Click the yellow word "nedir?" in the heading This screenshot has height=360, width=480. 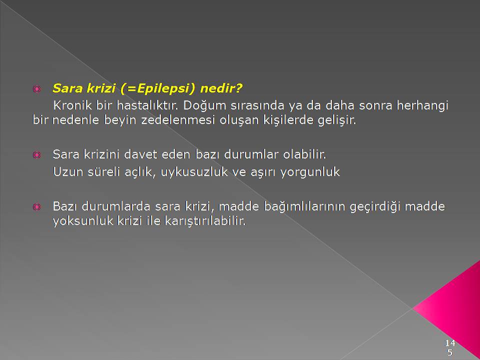(x=221, y=88)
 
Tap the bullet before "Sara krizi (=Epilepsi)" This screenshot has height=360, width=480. (x=36, y=89)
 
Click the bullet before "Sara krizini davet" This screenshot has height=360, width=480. (x=36, y=155)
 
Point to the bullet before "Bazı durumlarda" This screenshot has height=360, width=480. (x=36, y=207)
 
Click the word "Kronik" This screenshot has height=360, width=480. (x=72, y=105)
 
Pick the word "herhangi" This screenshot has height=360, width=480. (x=422, y=106)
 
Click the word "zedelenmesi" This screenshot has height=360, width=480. (x=178, y=119)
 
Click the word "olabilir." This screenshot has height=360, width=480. (x=305, y=154)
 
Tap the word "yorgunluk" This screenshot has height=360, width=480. (x=310, y=172)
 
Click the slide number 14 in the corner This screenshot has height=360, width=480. (x=450, y=342)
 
